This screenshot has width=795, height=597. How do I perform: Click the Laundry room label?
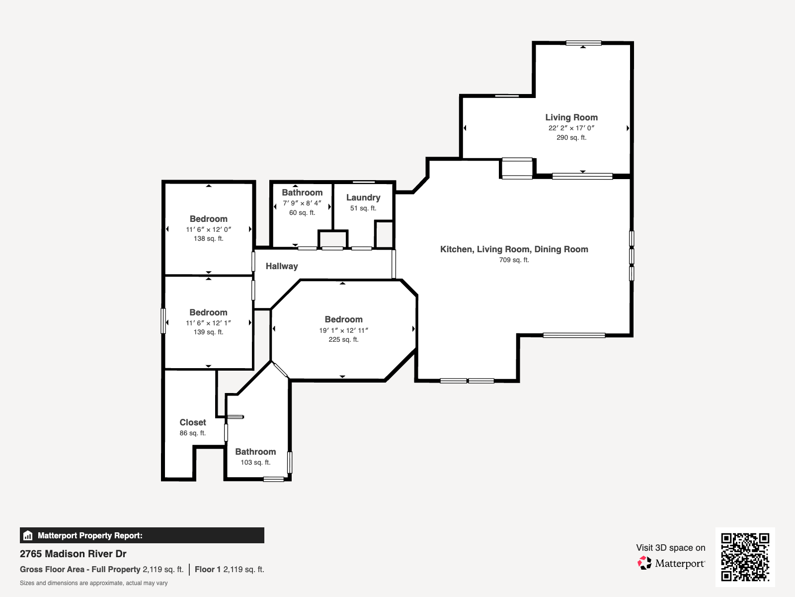click(363, 198)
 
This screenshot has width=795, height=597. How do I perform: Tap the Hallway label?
click(282, 266)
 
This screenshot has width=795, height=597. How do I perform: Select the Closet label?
click(193, 422)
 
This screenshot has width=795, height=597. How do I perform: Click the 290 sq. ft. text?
click(571, 137)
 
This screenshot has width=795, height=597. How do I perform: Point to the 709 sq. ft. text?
click(514, 260)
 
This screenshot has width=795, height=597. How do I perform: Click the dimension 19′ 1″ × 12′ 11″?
click(343, 330)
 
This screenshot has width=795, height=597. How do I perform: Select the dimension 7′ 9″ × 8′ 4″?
click(302, 203)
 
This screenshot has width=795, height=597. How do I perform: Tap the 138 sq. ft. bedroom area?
click(209, 238)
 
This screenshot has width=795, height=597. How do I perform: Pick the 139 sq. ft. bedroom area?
click(209, 332)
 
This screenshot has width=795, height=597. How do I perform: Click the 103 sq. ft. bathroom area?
click(255, 462)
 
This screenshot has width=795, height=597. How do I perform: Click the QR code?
click(745, 557)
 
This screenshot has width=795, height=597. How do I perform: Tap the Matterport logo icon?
click(644, 563)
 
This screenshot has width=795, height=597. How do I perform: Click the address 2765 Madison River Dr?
click(73, 554)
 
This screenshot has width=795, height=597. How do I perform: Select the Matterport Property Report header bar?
click(142, 535)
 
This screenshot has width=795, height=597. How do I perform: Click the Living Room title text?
click(571, 117)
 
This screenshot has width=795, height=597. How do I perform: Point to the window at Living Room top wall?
click(583, 43)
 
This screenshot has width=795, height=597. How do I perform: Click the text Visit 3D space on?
click(670, 547)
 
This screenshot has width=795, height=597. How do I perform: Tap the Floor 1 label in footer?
click(208, 569)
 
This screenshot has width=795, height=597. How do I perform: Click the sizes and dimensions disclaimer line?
click(93, 583)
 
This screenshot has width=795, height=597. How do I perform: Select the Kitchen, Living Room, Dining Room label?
click(514, 249)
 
